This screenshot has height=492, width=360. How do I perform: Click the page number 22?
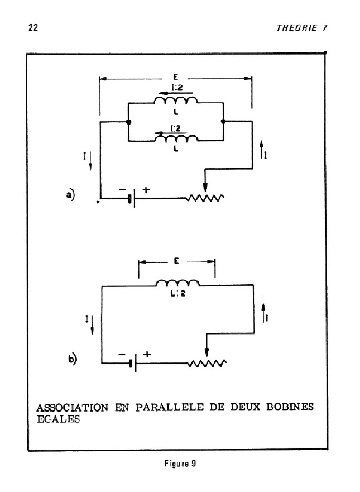33,27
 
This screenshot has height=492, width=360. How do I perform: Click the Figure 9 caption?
180,464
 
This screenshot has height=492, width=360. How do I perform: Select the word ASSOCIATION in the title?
73,408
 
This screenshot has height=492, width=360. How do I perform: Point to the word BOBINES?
290,407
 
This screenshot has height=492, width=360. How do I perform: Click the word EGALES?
59,419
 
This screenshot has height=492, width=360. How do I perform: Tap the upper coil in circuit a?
176,100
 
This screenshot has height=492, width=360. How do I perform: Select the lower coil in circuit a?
176,138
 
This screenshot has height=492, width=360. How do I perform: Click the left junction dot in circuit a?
128,122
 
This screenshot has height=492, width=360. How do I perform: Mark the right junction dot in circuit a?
223,121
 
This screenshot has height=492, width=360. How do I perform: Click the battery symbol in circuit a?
132,198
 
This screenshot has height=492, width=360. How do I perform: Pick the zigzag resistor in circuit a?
205,198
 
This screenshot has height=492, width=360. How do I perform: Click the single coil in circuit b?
177,283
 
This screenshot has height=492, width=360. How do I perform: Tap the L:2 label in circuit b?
178,293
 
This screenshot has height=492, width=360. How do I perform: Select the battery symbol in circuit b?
133,363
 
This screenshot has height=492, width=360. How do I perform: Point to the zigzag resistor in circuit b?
207,363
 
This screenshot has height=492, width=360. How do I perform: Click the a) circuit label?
70,195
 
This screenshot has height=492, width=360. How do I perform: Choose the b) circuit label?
73,359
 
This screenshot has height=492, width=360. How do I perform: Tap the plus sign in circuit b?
147,354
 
